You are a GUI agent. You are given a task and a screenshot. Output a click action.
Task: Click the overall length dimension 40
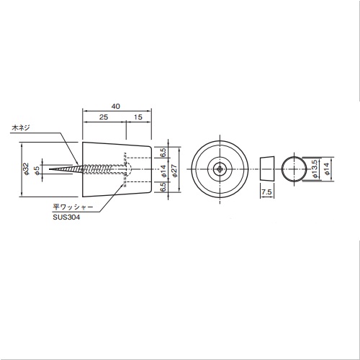116,107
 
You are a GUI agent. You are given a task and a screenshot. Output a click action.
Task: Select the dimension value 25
104,117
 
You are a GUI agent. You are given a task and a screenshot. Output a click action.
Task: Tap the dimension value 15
138,117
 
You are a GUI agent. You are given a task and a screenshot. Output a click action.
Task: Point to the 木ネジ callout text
21,127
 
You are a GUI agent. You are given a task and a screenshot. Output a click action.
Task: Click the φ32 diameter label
26,169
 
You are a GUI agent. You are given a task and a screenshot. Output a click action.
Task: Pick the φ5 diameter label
37,169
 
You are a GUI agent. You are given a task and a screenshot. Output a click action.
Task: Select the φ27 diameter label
174,170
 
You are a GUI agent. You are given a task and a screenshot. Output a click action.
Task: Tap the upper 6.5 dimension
163,153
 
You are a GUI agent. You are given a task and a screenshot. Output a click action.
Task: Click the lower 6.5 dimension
163,187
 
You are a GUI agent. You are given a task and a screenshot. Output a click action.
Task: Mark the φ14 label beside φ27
163,171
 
